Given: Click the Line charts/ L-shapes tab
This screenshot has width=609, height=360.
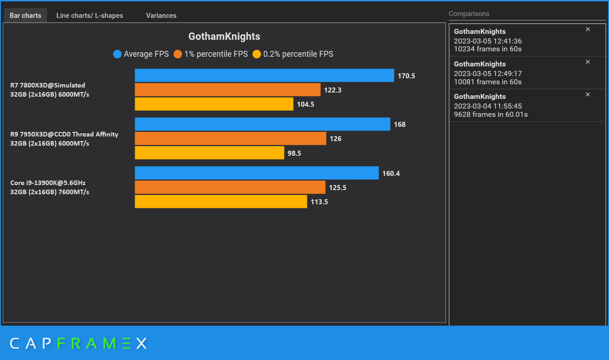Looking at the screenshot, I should [x=90, y=16].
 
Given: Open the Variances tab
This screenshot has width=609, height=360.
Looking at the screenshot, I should [x=161, y=16].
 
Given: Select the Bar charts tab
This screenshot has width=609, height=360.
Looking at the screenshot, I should [x=26, y=16].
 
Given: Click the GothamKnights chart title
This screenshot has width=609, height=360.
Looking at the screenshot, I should [x=224, y=37].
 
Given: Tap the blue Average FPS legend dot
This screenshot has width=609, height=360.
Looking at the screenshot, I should [x=117, y=54].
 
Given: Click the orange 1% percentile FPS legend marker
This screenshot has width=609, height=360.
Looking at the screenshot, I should [x=178, y=54].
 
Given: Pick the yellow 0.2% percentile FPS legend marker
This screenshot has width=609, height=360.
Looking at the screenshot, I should [x=257, y=54].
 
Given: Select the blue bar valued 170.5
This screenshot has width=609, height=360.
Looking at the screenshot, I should [x=264, y=76].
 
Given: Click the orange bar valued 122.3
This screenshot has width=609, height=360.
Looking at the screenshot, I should [x=228, y=90].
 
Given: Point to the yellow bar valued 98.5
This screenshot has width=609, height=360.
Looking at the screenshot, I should [x=209, y=153].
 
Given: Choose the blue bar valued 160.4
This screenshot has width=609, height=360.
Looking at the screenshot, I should [x=256, y=173].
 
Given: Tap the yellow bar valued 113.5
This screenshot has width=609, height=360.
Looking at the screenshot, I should [x=221, y=202].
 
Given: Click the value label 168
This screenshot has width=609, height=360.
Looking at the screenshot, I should [x=400, y=125].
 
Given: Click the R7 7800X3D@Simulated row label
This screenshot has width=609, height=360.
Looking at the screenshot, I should [x=48, y=85].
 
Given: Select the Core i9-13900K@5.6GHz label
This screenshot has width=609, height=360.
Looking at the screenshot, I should [x=48, y=183].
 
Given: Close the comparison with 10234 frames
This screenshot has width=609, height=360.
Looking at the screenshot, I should [x=588, y=29].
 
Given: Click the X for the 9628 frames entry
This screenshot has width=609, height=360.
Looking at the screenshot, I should [x=588, y=94].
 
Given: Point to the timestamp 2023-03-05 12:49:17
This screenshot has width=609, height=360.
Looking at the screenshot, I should [x=488, y=74].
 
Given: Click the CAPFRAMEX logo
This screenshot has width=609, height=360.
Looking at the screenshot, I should [x=78, y=344].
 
